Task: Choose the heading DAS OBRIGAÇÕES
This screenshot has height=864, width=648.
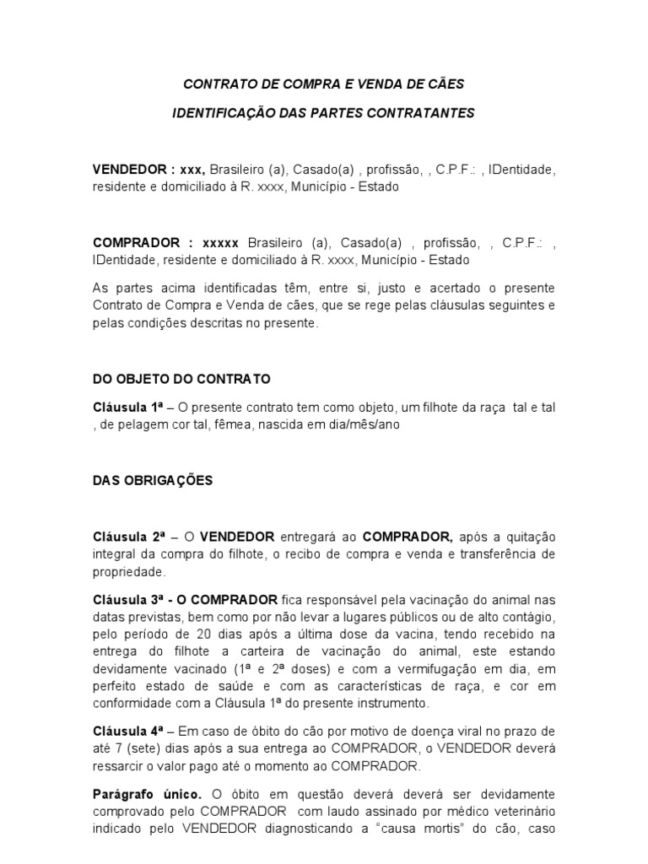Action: (153, 481)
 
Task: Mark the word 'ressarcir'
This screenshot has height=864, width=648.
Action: (120, 766)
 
